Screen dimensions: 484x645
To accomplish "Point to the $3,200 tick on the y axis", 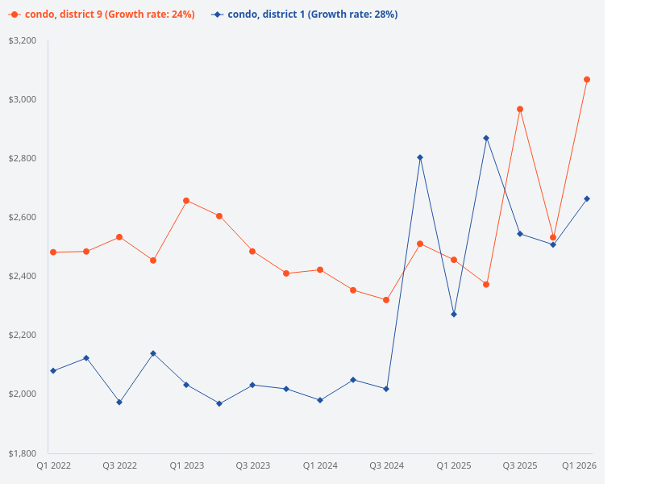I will coord(23,40).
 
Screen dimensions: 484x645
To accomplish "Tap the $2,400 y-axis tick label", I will coord(23,276).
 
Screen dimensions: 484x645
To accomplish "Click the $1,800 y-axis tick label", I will coord(23,453).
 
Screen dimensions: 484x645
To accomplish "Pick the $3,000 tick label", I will coord(23,99).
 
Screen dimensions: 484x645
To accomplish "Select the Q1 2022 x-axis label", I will coord(53,465).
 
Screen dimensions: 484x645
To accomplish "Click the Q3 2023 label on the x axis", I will coord(252,465).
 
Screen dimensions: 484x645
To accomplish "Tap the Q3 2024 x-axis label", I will coord(386,465).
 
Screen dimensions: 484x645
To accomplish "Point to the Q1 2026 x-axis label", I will coord(578,465).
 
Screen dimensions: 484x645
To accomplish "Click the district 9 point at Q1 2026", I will coord(587,79).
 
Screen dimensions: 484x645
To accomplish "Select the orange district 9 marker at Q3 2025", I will coord(520,109).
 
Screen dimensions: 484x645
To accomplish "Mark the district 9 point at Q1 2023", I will coord(186,200).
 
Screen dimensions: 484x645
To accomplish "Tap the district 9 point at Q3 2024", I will coord(386,300).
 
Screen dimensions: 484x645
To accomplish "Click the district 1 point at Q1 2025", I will coord(454,314).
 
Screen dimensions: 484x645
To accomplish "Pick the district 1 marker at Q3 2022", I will coord(119,402).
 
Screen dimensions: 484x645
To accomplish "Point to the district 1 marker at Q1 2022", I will coord(53,371).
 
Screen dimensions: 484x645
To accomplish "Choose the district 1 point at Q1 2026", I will coord(587,198).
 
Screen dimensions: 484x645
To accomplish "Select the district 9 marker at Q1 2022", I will coord(53,252).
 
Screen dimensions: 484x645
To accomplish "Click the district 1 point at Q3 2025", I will coord(520,234).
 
